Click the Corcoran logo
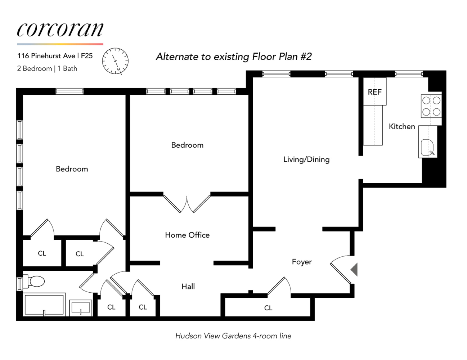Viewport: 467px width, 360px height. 60,30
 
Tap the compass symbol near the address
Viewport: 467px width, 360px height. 115,61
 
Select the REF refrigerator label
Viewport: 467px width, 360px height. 374,92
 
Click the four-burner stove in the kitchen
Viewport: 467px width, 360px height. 431,106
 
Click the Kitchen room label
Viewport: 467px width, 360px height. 402,126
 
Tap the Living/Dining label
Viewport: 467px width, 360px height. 306,159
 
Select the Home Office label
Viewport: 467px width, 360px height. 187,235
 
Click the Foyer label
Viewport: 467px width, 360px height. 302,262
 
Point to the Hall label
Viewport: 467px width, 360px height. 188,287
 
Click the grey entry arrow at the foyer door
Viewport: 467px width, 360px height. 354,269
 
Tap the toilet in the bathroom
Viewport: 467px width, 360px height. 35,281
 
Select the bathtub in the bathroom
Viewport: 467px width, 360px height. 44,305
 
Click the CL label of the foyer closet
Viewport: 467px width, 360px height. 268,308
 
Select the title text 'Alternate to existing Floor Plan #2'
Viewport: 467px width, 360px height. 234,57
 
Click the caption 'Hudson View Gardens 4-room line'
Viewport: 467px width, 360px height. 233,336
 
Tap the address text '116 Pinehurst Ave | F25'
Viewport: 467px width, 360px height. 55,56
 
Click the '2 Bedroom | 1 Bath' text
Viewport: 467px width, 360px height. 47,68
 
